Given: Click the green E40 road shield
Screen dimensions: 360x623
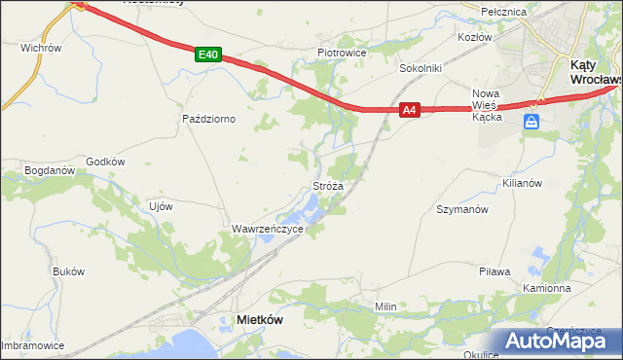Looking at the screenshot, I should [x=205, y=55].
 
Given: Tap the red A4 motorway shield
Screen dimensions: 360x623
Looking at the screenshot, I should [x=410, y=111].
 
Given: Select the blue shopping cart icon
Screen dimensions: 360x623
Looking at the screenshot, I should [x=531, y=122].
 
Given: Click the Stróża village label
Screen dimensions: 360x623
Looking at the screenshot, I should [x=326, y=185].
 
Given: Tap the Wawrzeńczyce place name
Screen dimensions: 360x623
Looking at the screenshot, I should [x=267, y=229].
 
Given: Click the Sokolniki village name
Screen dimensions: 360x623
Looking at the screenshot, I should [x=421, y=69].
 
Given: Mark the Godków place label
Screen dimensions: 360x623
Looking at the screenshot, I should [x=106, y=162].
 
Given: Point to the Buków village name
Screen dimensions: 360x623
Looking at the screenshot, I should [x=68, y=271].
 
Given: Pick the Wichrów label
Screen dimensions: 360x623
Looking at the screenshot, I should [x=41, y=47].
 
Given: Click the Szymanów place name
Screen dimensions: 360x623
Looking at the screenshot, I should [x=461, y=209].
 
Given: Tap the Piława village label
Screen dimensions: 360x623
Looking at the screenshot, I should [x=495, y=271].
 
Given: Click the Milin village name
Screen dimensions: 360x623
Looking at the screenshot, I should [x=386, y=306].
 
